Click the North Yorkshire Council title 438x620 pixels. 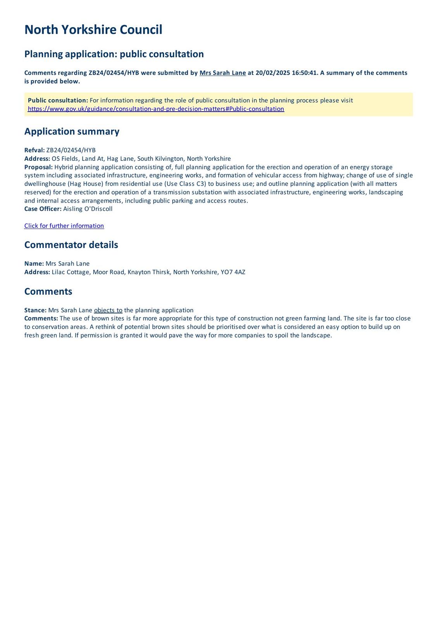point(93,30)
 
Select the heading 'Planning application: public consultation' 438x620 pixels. point(114,54)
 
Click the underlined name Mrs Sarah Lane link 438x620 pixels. point(222,73)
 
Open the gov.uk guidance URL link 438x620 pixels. point(156,109)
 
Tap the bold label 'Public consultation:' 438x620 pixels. point(58,100)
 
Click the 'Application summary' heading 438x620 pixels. point(72,131)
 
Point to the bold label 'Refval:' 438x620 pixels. point(34,150)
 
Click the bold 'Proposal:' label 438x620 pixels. point(38,167)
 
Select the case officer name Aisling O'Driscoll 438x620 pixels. point(88,209)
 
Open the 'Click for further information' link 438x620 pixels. point(64,226)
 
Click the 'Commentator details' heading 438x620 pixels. point(71,245)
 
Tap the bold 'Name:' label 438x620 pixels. point(34,263)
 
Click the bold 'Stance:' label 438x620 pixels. point(35,310)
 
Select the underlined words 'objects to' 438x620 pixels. point(108,310)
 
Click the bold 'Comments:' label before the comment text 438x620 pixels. point(41,319)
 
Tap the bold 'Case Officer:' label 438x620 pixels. point(43,209)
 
